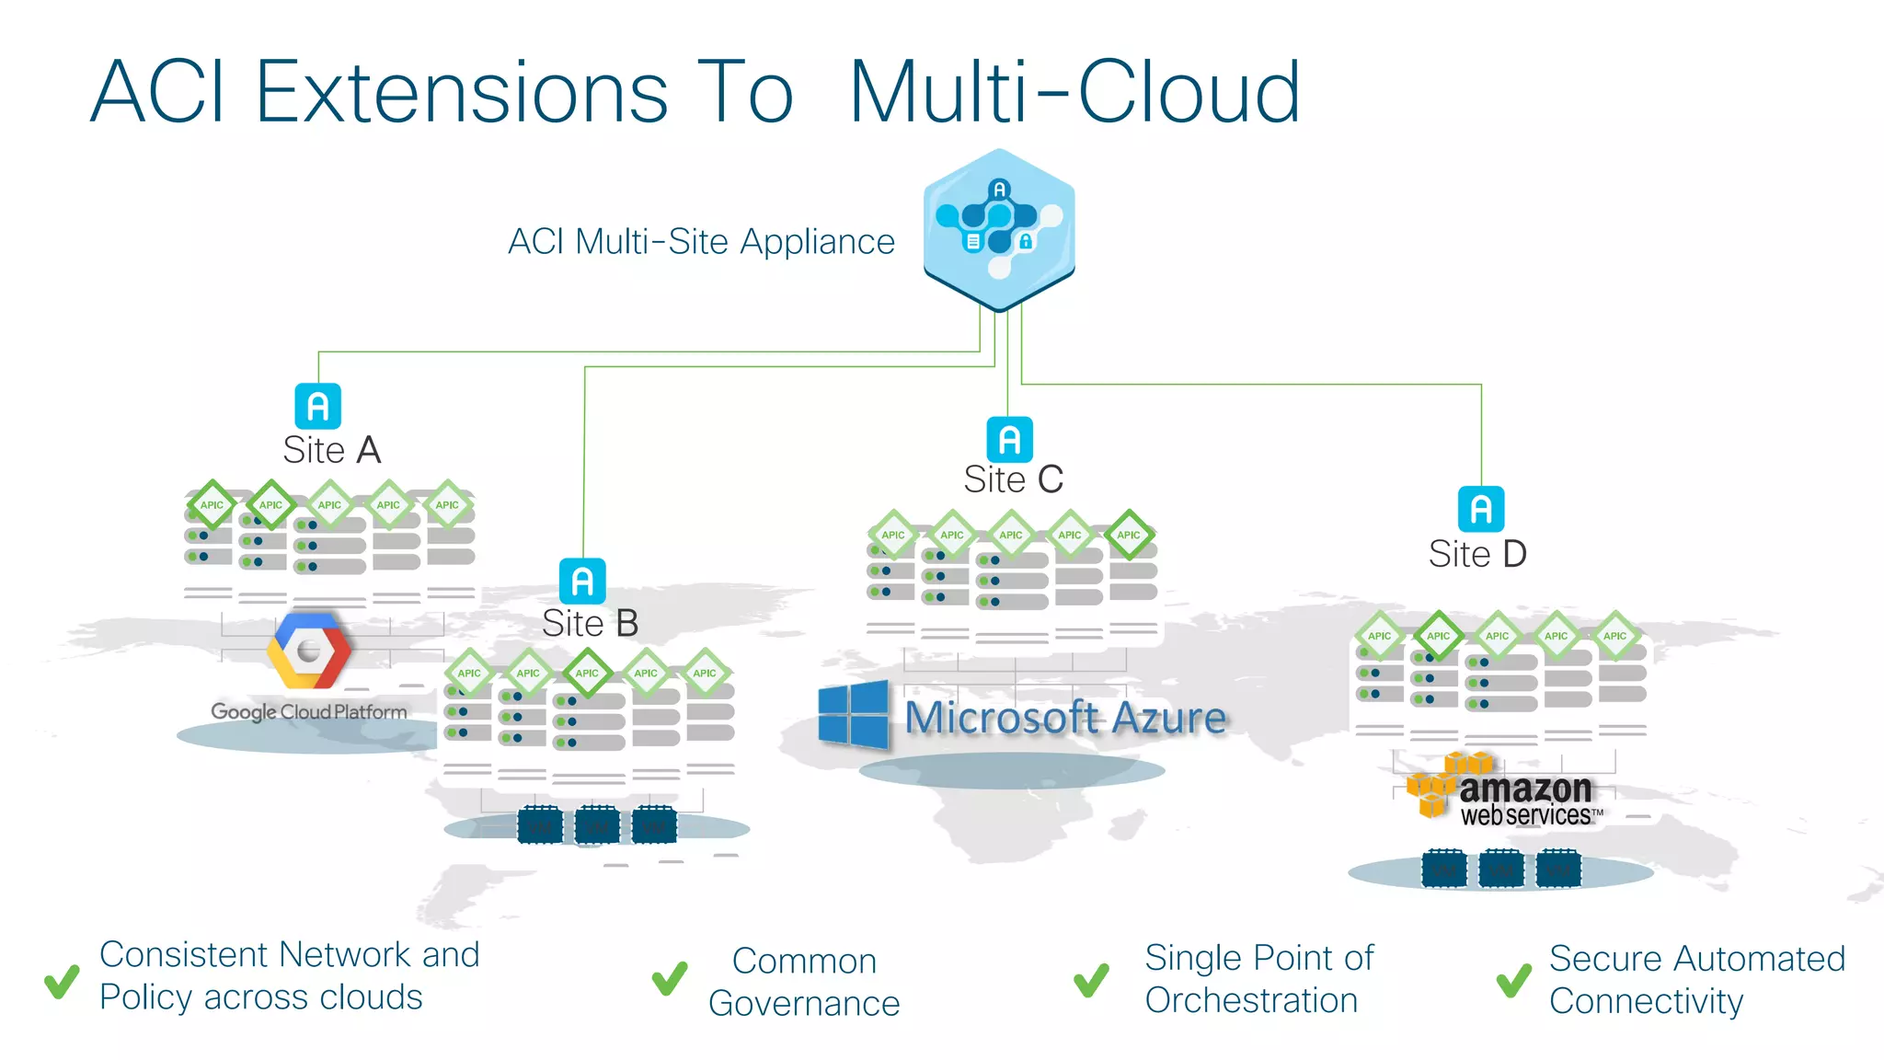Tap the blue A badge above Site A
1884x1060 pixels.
tap(317, 406)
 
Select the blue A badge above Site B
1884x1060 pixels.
tap(582, 581)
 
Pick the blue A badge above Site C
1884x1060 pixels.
tap(1009, 439)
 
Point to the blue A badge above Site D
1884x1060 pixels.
tap(1481, 509)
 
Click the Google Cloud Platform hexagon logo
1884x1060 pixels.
tap(309, 651)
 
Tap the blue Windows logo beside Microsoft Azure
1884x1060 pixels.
tap(853, 714)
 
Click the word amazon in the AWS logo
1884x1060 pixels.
tap(1525, 789)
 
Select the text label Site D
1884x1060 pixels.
tap(1477, 554)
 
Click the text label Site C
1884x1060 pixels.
tap(1013, 479)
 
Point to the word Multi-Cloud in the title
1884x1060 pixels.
tap(1074, 92)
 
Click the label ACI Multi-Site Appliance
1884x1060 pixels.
tap(701, 242)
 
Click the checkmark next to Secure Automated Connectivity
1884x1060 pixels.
tap(1513, 981)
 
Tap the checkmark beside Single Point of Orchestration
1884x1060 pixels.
tap(1091, 981)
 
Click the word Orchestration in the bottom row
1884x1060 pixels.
tap(1251, 1000)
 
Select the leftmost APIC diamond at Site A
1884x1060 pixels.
tap(212, 504)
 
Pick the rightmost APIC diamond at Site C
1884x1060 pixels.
tap(1129, 535)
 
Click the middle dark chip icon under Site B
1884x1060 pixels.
tap(596, 825)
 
